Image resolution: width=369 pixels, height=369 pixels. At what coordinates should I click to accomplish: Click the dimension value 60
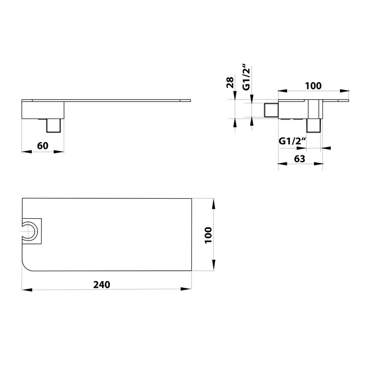point(42,146)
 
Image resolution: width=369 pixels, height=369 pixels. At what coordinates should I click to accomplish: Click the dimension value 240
point(101,285)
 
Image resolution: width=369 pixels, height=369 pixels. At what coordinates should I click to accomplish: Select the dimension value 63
point(299,159)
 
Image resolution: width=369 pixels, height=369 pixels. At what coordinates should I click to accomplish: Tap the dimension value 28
point(230,83)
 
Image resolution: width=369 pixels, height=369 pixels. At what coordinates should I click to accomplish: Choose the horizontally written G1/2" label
point(292,141)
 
